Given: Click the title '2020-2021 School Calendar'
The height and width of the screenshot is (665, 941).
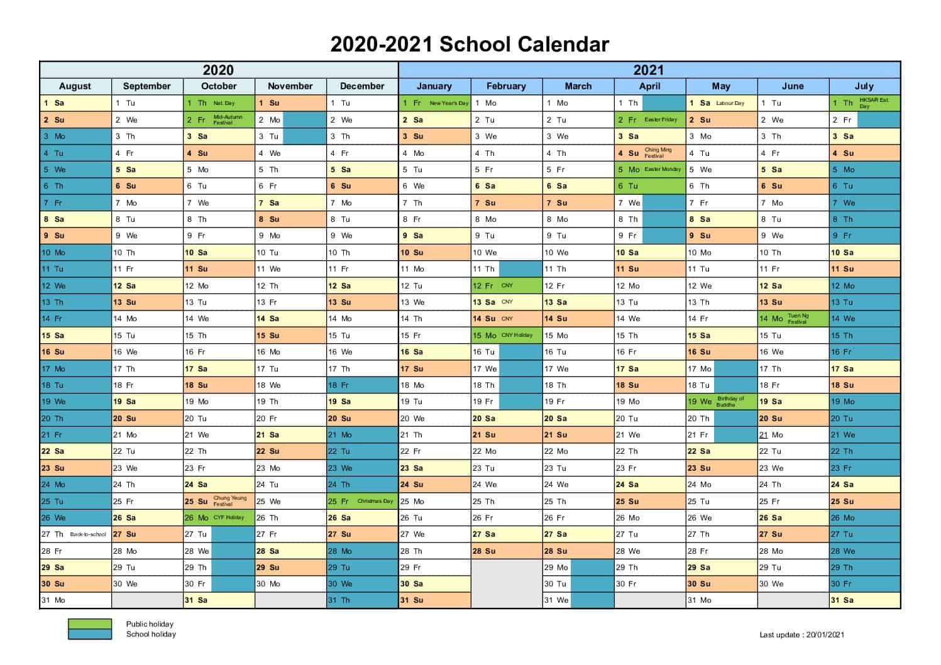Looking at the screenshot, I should tap(470, 45).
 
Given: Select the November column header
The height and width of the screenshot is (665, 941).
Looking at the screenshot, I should tap(290, 86).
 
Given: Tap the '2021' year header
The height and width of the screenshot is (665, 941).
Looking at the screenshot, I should tap(648, 70).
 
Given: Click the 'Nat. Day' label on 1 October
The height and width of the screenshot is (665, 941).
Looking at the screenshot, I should tap(224, 103).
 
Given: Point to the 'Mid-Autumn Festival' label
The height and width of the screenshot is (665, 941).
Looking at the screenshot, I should tap(228, 120).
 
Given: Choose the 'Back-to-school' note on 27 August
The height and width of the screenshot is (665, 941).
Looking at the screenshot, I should tap(88, 535).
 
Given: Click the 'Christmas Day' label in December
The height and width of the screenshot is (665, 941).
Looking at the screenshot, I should tap(375, 502).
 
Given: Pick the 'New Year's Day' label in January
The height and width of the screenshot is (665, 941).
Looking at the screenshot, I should tap(449, 103).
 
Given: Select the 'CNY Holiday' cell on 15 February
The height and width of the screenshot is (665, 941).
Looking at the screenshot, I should tap(517, 336).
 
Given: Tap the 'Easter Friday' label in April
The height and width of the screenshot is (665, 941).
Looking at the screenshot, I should tap(661, 120).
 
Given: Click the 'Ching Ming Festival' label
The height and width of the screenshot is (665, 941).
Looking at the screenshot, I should tap(658, 153).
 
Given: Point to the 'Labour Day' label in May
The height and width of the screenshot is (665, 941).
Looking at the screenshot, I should tap(730, 103).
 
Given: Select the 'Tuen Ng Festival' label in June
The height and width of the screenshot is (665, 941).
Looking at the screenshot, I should tap(798, 319).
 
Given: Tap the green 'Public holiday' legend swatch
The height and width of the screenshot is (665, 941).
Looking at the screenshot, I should tap(90, 624).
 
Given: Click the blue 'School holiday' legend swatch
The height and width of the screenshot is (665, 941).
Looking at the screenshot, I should tap(90, 634).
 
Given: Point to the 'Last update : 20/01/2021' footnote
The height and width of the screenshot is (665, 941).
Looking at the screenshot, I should tap(801, 635).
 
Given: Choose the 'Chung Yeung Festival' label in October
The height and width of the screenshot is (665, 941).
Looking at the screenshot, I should tap(229, 502).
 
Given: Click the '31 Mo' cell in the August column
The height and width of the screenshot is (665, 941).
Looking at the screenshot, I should tap(75, 601).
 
